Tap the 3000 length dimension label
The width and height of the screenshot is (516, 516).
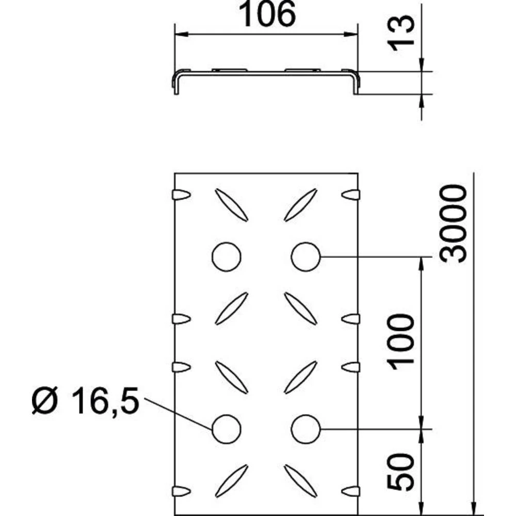click(456, 223)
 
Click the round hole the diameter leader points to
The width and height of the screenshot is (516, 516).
click(227, 428)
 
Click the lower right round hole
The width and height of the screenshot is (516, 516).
click(305, 428)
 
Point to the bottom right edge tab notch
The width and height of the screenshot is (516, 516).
click(351, 491)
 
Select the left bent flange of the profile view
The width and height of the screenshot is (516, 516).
click(175, 83)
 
